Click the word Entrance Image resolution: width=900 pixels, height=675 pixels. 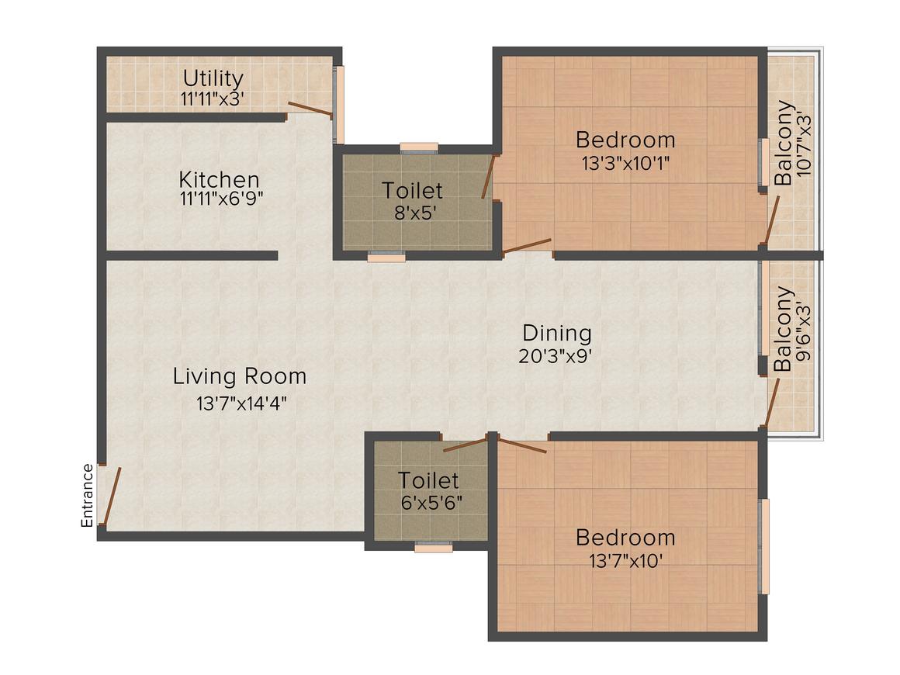[x=88, y=495]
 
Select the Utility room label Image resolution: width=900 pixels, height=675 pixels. [x=213, y=78]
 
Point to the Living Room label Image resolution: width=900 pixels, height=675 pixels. [x=239, y=377]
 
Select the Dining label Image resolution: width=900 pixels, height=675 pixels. [x=556, y=334]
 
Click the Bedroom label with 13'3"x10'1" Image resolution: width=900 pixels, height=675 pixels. [x=625, y=140]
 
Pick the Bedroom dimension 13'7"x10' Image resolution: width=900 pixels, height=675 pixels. [x=625, y=560]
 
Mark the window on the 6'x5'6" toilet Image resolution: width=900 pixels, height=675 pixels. [x=433, y=547]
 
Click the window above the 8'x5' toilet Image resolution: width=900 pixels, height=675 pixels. [x=419, y=147]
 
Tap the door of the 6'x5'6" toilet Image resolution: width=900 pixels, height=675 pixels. [x=466, y=445]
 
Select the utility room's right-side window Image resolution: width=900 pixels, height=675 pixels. [x=338, y=104]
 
